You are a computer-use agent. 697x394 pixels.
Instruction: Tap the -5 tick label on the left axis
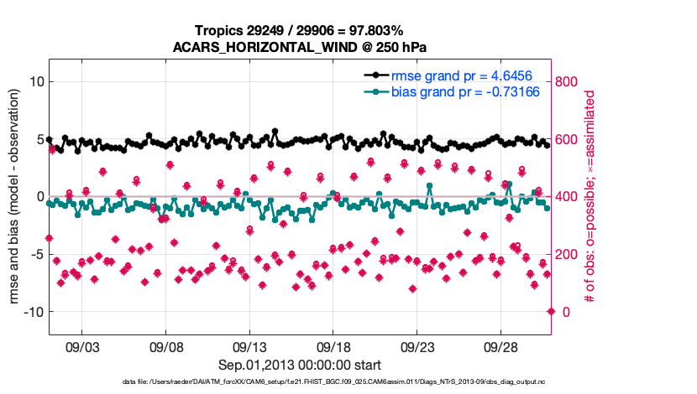pyautogui.click(x=34, y=254)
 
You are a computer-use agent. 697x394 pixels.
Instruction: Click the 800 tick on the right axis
pyautogui.click(x=568, y=81)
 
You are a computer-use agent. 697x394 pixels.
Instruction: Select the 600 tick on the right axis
pyautogui.click(x=568, y=139)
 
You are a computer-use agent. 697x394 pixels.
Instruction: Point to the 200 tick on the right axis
pyautogui.click(x=568, y=254)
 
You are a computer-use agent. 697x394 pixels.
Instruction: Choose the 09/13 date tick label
pyautogui.click(x=249, y=346)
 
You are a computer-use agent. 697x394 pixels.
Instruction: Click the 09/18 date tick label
pyautogui.click(x=333, y=346)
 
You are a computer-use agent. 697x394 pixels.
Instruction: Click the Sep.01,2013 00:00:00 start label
pyautogui.click(x=300, y=365)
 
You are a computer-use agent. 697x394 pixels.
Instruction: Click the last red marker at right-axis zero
pyautogui.click(x=551, y=311)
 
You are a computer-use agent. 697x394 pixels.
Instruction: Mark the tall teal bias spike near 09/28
pyautogui.click(x=508, y=184)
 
